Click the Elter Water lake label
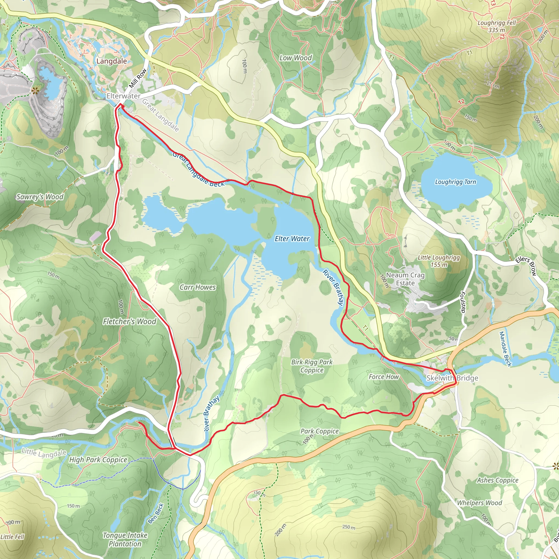[x=292, y=239]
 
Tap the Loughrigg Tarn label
[x=456, y=182]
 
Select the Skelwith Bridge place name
[x=452, y=378]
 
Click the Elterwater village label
[x=123, y=96]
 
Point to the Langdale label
[x=111, y=61]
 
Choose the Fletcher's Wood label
[x=129, y=322]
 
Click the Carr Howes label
[x=198, y=287]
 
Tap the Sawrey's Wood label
[x=40, y=197]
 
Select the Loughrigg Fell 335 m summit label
[x=496, y=26]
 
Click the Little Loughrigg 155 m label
[x=439, y=261]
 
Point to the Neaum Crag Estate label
[x=405, y=279]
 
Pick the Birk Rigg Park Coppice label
[x=312, y=366]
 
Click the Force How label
[x=384, y=377]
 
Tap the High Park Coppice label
[x=98, y=460]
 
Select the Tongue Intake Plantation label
[x=125, y=540]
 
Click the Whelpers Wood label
[x=479, y=503]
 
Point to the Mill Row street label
[x=138, y=78]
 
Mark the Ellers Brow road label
[x=526, y=266]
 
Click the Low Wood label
[x=295, y=58]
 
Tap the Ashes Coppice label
[x=498, y=480]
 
